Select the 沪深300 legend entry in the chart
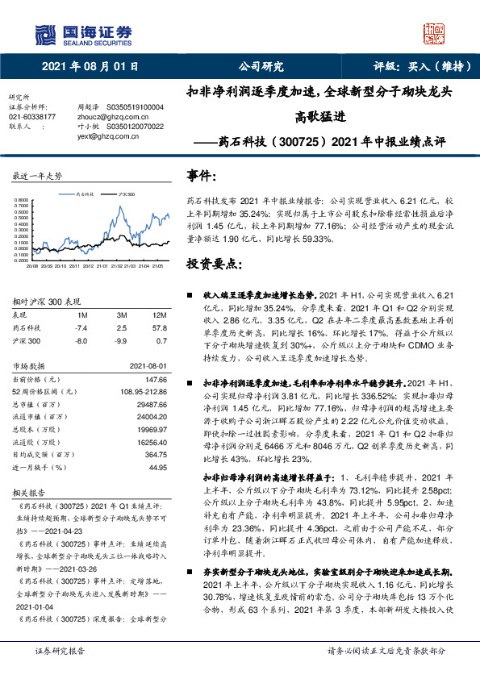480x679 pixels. coord(126,194)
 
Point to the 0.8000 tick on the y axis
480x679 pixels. coord(20,200)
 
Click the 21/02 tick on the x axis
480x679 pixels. coord(116,264)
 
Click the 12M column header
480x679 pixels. coord(159,315)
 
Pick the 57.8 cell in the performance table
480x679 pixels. coord(159,328)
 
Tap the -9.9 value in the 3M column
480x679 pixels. coord(122,341)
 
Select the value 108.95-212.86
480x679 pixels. coord(144,391)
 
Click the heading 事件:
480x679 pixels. coord(201,175)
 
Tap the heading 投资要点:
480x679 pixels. coord(214,264)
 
